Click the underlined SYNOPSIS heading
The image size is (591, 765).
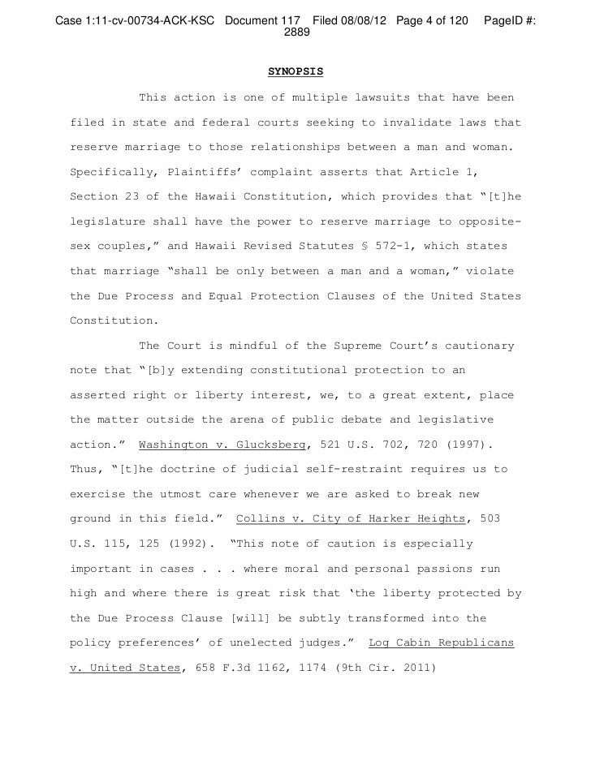tap(295, 71)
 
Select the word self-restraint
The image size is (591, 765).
tap(321, 471)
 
